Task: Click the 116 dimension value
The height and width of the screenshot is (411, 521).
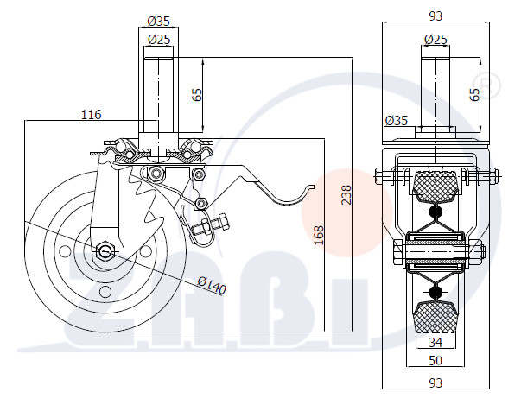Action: point(92,115)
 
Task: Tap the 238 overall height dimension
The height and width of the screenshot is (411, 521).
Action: point(346,195)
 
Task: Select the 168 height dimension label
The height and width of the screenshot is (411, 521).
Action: point(319,236)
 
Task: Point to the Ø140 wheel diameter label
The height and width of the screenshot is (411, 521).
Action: point(212,285)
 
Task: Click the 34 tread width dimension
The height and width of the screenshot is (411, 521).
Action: point(435,342)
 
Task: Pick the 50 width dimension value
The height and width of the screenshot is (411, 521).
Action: point(435,360)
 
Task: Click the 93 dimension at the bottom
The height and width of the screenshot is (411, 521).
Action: point(435,383)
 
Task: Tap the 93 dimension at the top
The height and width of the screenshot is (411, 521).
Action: point(435,16)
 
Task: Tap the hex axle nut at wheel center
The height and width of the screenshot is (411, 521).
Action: point(105,250)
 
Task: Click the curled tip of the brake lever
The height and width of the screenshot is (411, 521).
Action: point(311,187)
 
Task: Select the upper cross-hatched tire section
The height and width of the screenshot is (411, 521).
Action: point(435,186)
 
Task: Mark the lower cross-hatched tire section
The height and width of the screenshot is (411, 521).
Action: point(435,317)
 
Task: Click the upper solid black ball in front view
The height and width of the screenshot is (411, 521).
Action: point(435,212)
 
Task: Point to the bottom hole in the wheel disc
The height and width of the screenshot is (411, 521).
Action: point(105,292)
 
